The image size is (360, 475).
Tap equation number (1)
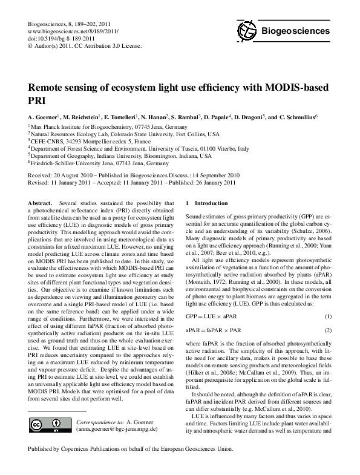(329, 316)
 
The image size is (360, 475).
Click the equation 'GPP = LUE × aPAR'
(209, 316)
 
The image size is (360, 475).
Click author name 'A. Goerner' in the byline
(43, 116)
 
